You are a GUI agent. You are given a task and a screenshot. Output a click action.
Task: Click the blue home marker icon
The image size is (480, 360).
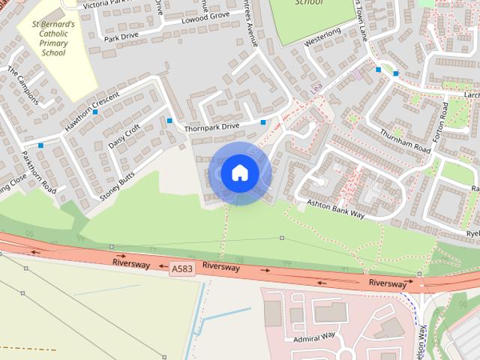click(239, 172)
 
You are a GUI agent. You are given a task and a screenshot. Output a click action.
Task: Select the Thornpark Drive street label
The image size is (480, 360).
click(213, 127)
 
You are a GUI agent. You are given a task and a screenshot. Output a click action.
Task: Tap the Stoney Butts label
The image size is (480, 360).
click(117, 186)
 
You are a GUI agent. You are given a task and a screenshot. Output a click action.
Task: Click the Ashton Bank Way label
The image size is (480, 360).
click(335, 208)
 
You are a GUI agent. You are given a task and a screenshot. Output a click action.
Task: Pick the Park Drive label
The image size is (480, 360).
click(121, 36)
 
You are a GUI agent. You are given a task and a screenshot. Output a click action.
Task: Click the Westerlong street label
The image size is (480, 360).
click(322, 36)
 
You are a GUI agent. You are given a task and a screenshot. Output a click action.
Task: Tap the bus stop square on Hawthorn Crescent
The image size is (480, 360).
click(96, 112)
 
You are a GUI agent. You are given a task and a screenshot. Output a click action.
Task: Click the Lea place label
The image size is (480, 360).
click(315, 88)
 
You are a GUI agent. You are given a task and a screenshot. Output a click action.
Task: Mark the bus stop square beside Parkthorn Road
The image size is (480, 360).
click(40, 145)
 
